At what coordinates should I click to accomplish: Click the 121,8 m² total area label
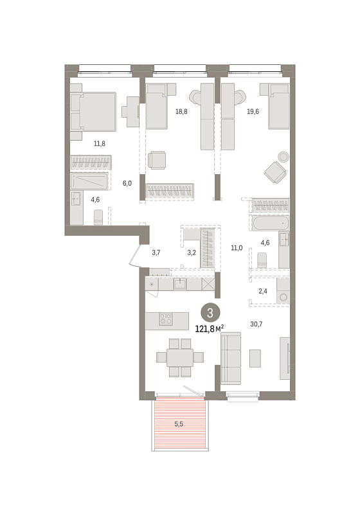coord(210,328)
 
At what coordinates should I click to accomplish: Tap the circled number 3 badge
coord(210,313)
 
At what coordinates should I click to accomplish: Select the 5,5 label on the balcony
coord(179,424)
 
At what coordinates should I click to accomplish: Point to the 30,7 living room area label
coord(256,324)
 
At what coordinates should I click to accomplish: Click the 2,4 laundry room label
coord(263,291)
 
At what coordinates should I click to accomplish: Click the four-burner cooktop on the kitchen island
coord(166,319)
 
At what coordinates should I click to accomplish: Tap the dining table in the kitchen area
coord(180,357)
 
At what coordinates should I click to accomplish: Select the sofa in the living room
coord(231,358)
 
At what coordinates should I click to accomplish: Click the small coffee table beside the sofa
coord(255,359)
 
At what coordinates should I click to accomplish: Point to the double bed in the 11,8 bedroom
coord(93,112)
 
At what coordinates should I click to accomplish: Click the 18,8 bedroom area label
coord(181,112)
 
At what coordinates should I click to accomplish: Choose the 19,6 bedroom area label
coord(253,112)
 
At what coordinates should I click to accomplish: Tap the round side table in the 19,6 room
coord(283,156)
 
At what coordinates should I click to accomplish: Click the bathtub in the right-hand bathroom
coord(271,224)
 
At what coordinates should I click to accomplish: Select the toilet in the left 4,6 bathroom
coord(98,218)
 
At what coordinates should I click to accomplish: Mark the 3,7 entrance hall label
coord(156,253)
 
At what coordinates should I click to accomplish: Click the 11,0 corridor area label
coord(237,248)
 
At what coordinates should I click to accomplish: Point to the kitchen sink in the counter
coord(180,283)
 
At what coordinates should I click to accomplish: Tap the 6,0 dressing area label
coord(127,183)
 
